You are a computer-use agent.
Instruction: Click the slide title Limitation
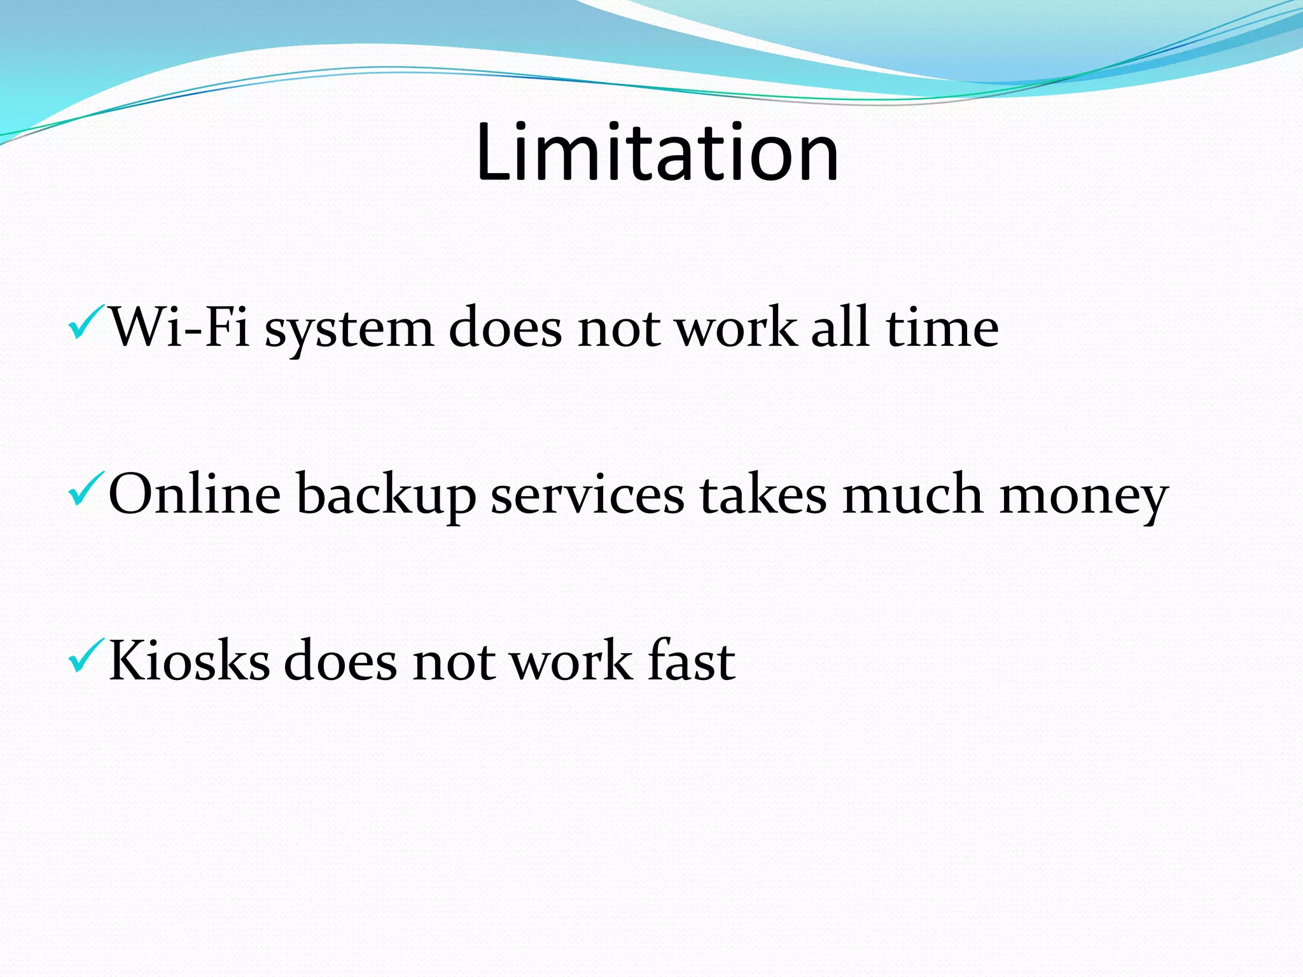coord(657,153)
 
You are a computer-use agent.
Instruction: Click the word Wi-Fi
coord(180,327)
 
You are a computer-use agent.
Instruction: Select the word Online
coord(195,494)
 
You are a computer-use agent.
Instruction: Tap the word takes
coord(763,494)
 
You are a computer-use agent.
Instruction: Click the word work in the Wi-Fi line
coord(735,327)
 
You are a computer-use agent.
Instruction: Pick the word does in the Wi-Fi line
coord(505,327)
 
